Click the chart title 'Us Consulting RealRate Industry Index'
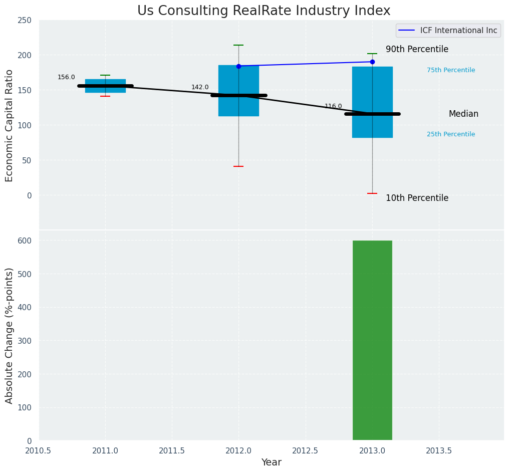(x=264, y=11)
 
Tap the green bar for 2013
(x=372, y=340)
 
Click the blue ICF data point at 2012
(x=238, y=66)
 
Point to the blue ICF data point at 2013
(x=372, y=62)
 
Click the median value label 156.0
(x=66, y=77)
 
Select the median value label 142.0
(x=200, y=87)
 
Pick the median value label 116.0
(x=333, y=106)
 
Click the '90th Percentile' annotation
(x=417, y=49)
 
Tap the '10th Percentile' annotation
(x=417, y=198)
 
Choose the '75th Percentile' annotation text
(x=451, y=70)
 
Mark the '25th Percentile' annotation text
(x=451, y=134)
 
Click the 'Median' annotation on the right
(x=463, y=114)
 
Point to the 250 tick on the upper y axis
(x=25, y=21)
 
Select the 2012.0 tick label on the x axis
(x=238, y=451)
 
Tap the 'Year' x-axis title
(x=272, y=462)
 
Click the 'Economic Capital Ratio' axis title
(x=10, y=125)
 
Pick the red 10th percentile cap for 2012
(x=238, y=166)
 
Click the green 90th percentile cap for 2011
(x=105, y=75)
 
